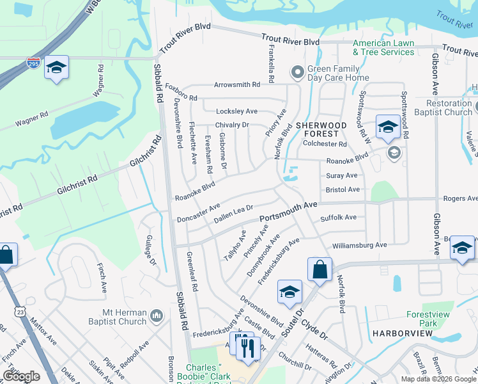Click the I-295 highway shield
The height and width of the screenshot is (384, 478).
click(x=33, y=63)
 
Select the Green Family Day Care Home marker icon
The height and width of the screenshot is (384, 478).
click(x=297, y=72)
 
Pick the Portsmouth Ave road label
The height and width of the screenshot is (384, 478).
click(x=288, y=213)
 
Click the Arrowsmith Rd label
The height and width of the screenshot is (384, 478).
click(x=237, y=84)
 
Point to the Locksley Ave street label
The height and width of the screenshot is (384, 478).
click(x=236, y=111)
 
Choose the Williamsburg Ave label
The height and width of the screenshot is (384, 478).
click(x=359, y=245)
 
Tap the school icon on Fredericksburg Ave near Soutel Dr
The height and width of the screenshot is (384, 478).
click(x=289, y=292)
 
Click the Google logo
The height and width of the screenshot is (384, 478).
click(x=21, y=376)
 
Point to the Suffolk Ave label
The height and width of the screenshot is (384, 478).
click(x=338, y=218)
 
